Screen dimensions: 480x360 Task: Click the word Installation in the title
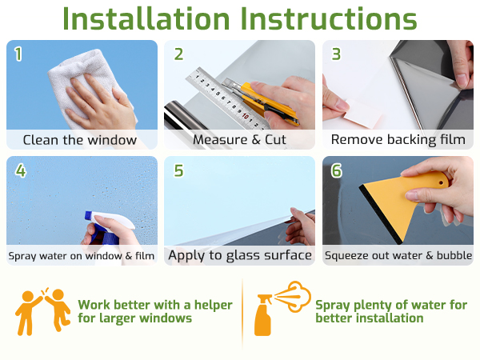[x=146, y=19]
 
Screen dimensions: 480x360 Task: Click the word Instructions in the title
[x=329, y=19]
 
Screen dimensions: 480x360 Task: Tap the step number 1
[x=18, y=54]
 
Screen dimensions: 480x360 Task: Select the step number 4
[x=21, y=170]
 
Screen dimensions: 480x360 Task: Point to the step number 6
[x=336, y=170]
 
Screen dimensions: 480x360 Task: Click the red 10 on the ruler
[x=246, y=116]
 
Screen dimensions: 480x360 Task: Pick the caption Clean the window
[x=80, y=140]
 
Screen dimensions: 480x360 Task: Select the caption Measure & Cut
[x=239, y=139]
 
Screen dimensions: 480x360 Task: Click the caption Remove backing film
[x=398, y=139]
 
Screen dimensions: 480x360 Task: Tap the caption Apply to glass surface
[x=240, y=256]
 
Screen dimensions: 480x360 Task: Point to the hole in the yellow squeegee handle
[x=441, y=183]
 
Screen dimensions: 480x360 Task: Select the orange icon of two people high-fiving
[x=43, y=310]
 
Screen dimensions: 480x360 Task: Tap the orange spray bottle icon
[x=282, y=308]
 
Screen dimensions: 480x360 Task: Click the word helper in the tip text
[x=214, y=306]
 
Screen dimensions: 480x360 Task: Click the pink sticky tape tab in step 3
[x=362, y=114]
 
